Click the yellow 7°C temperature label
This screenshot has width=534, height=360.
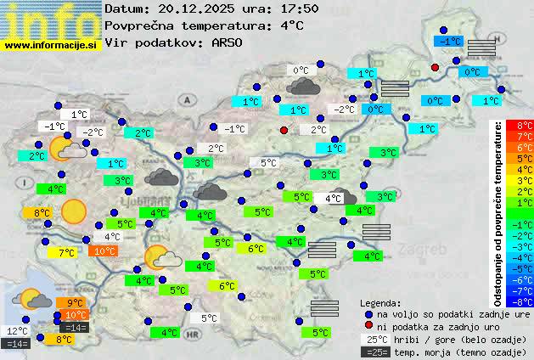coord(65,252)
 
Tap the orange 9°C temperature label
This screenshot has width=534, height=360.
coord(75,303)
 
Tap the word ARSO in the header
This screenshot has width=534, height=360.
coord(229,42)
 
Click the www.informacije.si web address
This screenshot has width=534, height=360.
coord(52,44)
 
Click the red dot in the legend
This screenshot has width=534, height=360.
coord(368,326)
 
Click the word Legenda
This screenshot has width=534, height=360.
coord(380,302)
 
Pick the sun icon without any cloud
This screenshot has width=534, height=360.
coord(74,211)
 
